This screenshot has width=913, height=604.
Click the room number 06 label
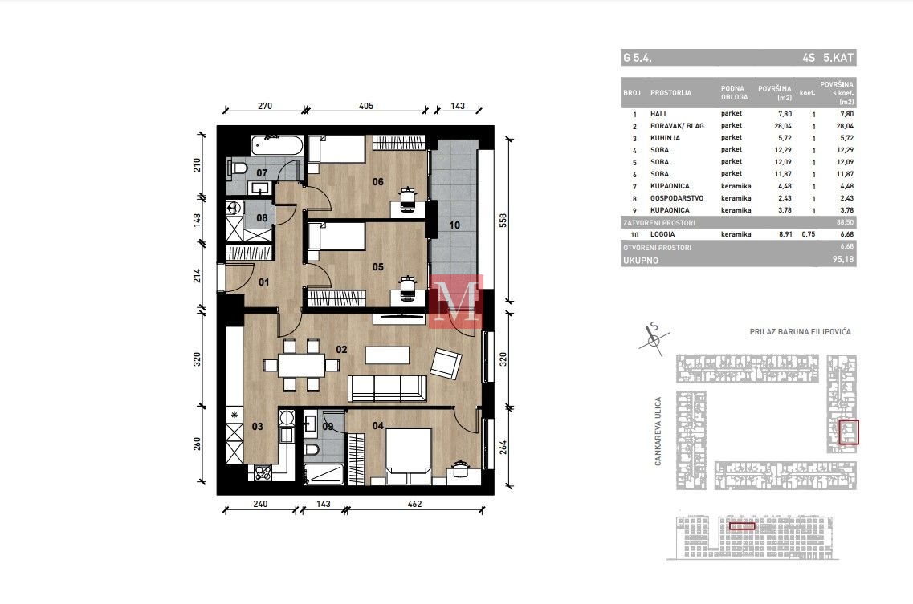point(378,181)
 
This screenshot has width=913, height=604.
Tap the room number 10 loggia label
point(454,225)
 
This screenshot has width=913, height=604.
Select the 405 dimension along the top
point(366,106)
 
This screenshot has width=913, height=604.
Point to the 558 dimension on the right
point(503,221)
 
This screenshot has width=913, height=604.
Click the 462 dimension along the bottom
point(414,504)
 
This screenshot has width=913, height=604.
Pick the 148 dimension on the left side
point(198,220)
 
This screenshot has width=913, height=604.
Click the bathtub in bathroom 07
point(277,145)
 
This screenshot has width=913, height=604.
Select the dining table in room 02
point(301,366)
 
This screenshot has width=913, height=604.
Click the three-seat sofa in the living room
point(387,388)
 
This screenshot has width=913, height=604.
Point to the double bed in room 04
point(408,456)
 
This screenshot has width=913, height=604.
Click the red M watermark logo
point(456,302)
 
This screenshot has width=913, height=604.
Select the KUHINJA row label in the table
point(665,138)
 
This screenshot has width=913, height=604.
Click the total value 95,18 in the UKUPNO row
point(843,260)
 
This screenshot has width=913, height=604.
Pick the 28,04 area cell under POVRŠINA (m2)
point(783,126)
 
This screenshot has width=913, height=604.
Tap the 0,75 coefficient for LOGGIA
point(808,234)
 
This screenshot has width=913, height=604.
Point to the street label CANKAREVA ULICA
point(658,432)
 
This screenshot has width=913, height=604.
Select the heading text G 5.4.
point(637,58)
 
